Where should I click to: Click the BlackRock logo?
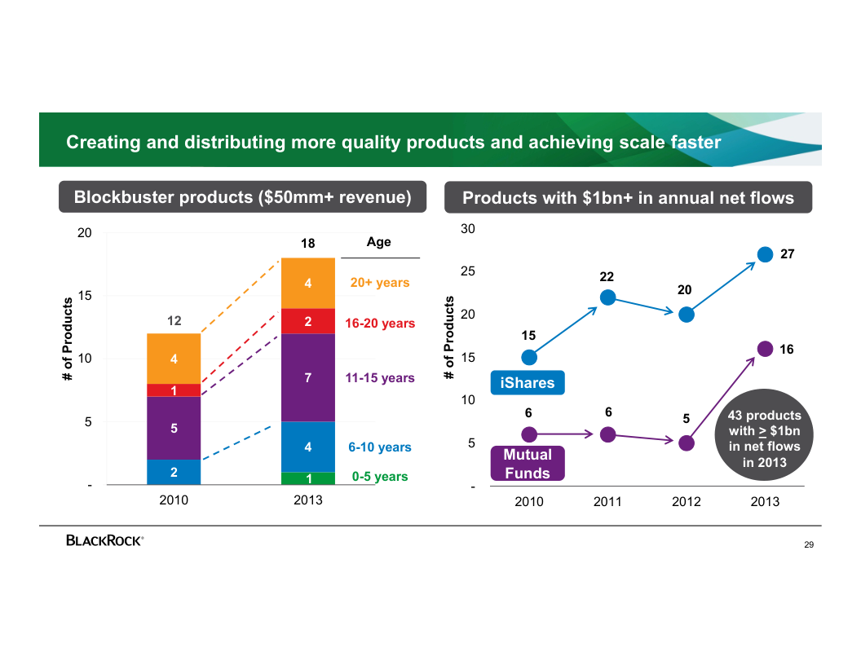(105, 540)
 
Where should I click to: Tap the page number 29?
(808, 544)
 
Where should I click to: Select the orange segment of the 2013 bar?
(308, 283)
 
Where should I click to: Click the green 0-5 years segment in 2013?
(308, 478)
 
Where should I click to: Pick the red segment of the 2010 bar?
(174, 390)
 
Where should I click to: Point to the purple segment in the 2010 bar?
(174, 428)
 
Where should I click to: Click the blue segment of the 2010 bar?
(174, 472)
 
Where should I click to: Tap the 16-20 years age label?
(379, 324)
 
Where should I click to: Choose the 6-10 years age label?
(379, 447)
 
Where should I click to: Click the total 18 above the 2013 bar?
(307, 244)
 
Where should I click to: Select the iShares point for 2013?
(765, 254)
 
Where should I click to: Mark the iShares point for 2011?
(607, 297)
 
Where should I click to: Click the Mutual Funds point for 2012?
(687, 443)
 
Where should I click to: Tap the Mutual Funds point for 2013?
(765, 349)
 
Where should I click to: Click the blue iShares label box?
(527, 383)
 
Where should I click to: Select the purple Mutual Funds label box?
(527, 464)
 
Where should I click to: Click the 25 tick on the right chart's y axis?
(468, 271)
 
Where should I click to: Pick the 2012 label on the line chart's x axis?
(687, 502)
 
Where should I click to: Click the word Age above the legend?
(378, 242)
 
